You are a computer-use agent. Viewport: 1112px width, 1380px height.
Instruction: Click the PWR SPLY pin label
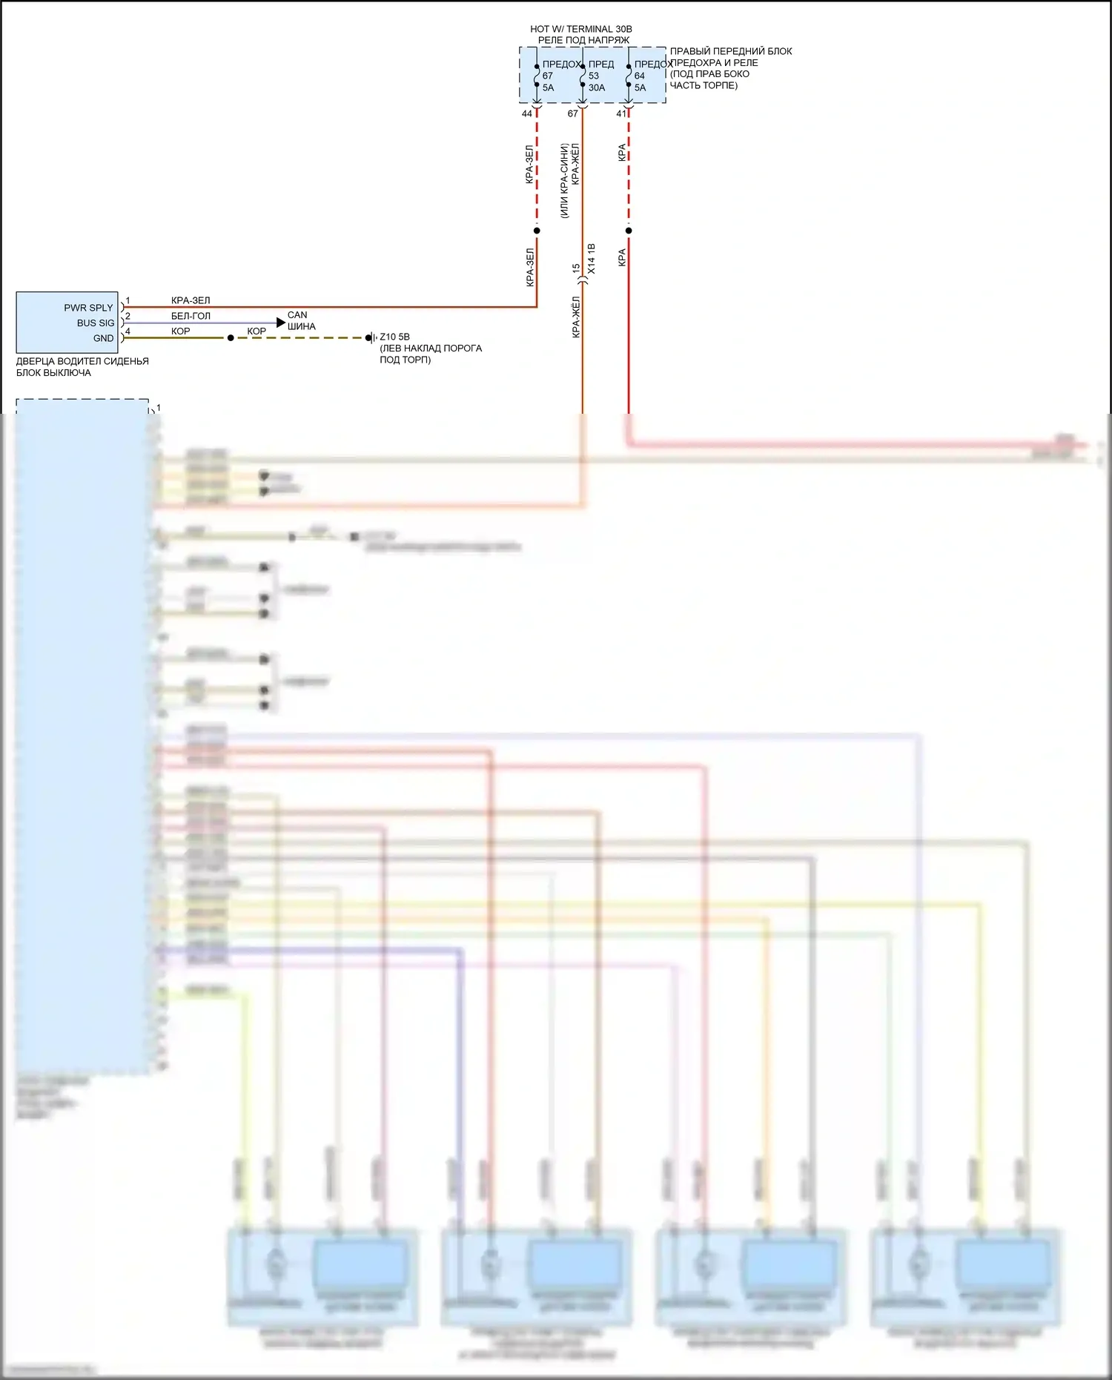tap(88, 308)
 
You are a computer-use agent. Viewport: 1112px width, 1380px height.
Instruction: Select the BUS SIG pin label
tap(96, 323)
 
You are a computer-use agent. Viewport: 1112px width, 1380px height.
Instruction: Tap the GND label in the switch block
tap(103, 338)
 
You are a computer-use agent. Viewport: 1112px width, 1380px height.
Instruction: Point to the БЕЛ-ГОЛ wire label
tap(191, 316)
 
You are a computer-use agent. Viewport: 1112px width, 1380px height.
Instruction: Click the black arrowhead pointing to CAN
tap(281, 322)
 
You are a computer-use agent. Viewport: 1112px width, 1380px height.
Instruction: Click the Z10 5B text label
tap(394, 337)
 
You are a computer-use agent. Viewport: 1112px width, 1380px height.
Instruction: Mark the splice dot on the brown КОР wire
tap(231, 338)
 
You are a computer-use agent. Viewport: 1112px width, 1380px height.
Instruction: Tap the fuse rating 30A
tap(597, 88)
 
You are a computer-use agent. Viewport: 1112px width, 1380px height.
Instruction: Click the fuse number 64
tap(640, 76)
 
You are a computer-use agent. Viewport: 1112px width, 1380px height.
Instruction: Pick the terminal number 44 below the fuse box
tap(527, 113)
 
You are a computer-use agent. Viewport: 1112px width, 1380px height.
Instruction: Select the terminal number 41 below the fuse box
tap(621, 113)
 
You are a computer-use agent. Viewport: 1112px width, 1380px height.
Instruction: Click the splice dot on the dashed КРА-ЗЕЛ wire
tap(537, 231)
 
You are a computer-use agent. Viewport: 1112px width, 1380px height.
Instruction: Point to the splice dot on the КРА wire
tap(629, 231)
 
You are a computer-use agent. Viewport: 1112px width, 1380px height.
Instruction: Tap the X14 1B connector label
tap(592, 259)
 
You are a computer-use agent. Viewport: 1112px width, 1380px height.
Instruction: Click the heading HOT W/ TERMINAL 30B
tap(581, 29)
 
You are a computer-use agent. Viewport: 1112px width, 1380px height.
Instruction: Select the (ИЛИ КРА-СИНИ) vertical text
tap(564, 181)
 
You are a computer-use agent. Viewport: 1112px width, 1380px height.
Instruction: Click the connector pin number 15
tap(575, 268)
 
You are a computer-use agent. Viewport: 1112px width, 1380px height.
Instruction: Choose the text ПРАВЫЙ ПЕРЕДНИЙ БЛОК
tap(731, 51)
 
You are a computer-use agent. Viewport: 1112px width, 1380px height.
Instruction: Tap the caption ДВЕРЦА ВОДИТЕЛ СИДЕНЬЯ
tap(82, 361)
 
